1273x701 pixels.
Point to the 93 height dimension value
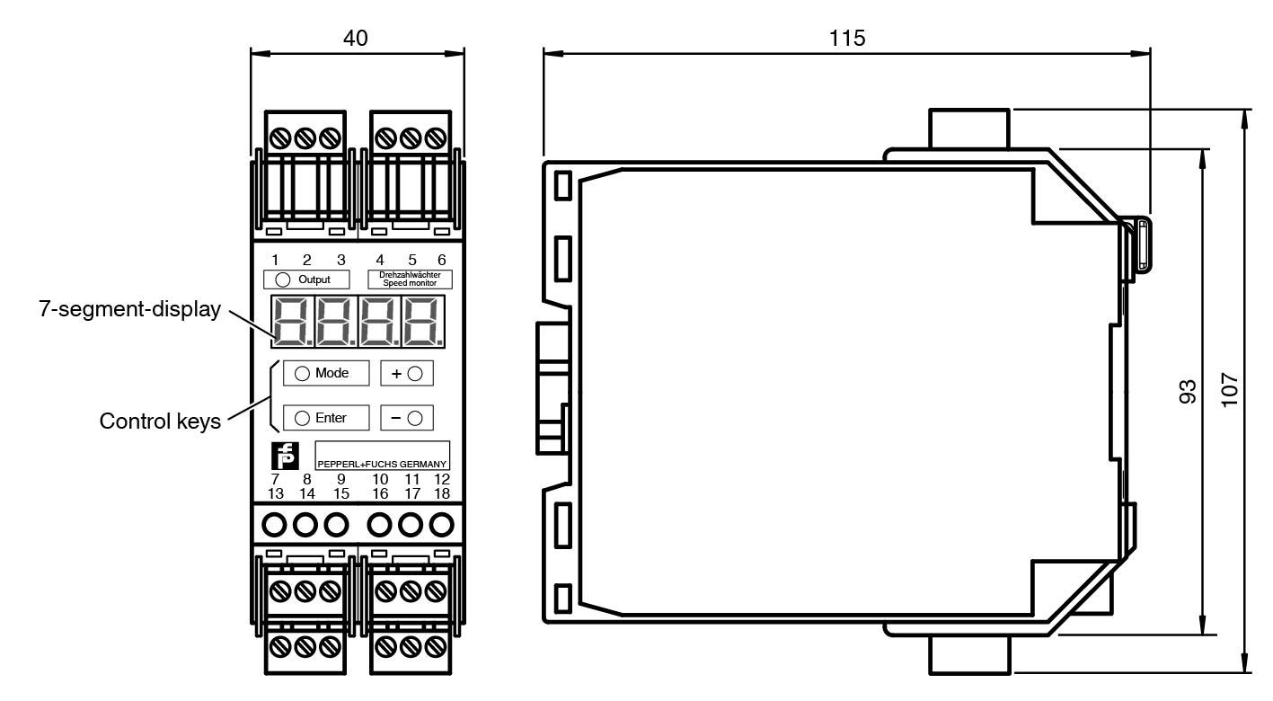point(1188,391)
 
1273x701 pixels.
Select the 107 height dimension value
point(1230,391)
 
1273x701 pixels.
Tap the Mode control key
point(321,373)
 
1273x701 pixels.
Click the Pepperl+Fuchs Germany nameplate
point(382,456)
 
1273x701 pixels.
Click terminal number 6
point(441,261)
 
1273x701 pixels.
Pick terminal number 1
point(275,261)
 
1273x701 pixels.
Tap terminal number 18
point(441,493)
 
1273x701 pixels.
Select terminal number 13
point(277,493)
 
